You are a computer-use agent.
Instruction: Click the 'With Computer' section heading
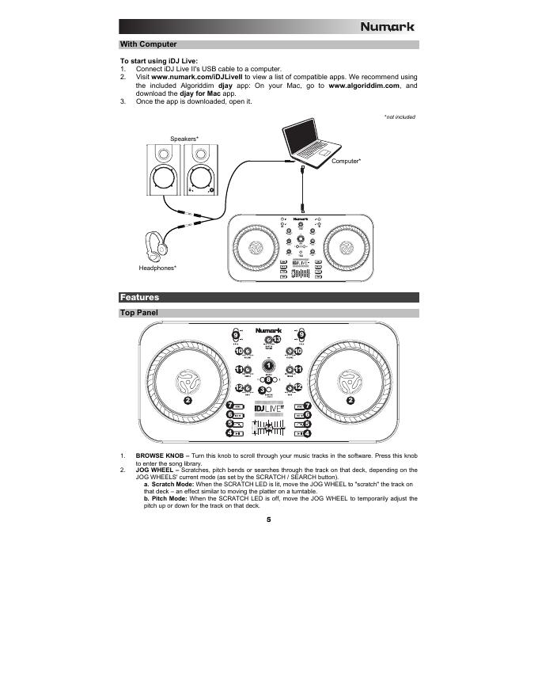[x=148, y=44]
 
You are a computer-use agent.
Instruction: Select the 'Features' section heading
[x=139, y=298]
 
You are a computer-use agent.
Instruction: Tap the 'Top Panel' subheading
[x=138, y=314]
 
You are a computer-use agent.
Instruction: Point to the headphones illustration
[x=157, y=246]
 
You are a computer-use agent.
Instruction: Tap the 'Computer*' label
[x=347, y=162]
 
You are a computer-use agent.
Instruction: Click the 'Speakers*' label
[x=184, y=139]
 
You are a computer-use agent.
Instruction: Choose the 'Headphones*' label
[x=157, y=269]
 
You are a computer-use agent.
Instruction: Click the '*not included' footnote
[x=400, y=117]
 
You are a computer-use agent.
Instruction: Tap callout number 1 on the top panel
[x=269, y=366]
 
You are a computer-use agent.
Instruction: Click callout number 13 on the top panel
[x=277, y=341]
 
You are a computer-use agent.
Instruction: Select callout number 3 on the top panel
[x=263, y=391]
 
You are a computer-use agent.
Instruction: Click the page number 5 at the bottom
[x=268, y=520]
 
